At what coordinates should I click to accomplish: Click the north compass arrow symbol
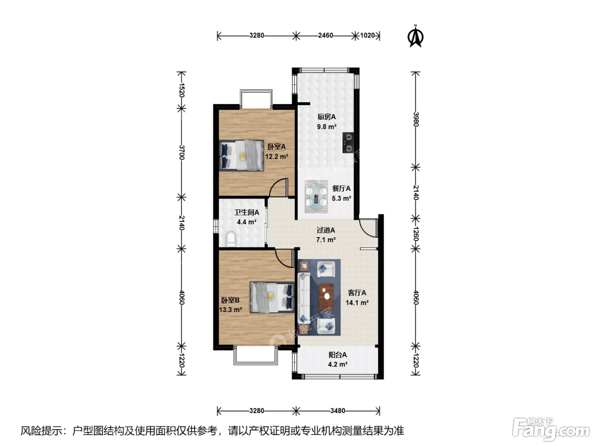coord(415,37)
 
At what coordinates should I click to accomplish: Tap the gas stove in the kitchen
coord(348,143)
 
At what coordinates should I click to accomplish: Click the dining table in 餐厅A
coord(316,197)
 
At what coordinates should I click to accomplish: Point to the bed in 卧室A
coord(241,155)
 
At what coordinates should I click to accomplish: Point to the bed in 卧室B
coord(272,297)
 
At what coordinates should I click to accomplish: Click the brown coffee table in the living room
coord(326,297)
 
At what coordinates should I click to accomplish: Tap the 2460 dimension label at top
coord(325,36)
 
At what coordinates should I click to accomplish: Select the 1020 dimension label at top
coord(367,36)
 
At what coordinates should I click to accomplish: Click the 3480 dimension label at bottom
coord(338,411)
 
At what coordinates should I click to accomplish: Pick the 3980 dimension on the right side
coord(416,119)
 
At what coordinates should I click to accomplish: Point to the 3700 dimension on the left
coord(182,152)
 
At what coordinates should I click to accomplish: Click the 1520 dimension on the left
coord(182,90)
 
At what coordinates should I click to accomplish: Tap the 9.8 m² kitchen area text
coord(326,127)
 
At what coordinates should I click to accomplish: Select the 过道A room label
coord(326,230)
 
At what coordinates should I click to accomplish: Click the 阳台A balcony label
coord(338,355)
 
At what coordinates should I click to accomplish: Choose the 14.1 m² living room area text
coord(357,302)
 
